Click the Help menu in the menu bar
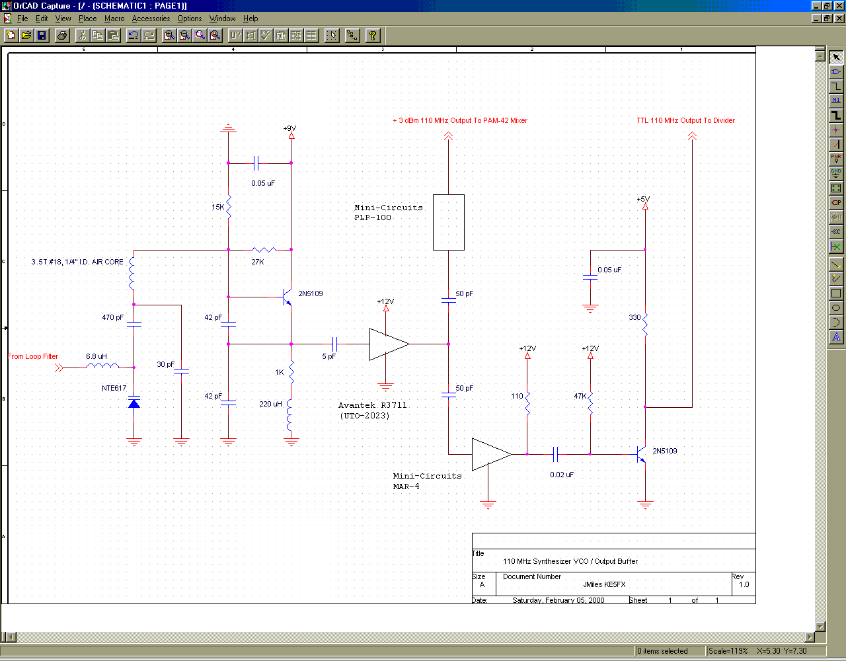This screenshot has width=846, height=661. pos(250,19)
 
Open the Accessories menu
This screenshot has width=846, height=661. pos(151,19)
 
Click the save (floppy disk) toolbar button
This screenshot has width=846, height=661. pos(42,36)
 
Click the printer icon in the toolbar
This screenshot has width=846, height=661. pos(61,36)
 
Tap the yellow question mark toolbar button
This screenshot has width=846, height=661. pos(372,36)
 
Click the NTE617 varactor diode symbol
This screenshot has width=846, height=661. pos(134,403)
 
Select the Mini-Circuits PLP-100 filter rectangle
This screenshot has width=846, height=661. pos(449,222)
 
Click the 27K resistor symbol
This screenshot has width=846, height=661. pos(264,250)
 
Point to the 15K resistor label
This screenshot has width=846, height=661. pos(217,207)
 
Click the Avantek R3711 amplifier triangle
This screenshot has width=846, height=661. pos(389,344)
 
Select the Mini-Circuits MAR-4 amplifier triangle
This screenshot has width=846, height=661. pos(491,454)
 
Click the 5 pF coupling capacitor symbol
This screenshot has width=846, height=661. pos(334,344)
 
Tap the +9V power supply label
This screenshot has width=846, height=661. pos(289,128)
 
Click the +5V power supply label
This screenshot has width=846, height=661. pos(643,199)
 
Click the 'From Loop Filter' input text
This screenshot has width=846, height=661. pos(33,356)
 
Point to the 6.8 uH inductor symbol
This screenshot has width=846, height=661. pos(102,366)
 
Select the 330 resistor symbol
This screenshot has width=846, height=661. pos(645,325)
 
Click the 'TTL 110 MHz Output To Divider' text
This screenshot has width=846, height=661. pos(685,120)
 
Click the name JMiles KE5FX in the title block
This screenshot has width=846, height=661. pos(604,584)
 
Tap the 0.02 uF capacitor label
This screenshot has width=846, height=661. pos(562,475)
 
